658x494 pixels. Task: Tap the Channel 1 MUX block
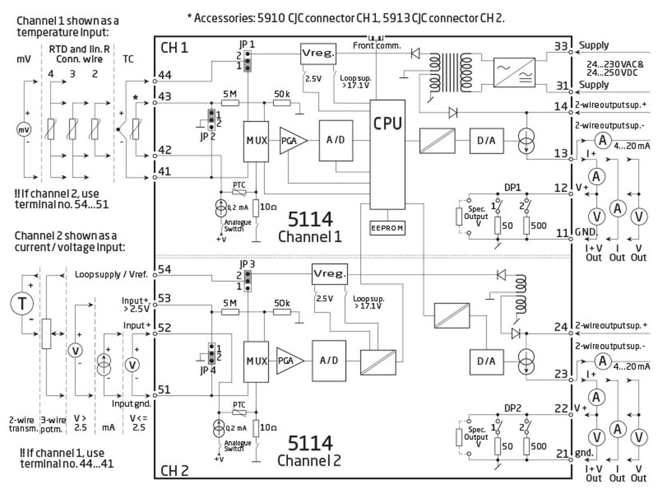pyautogui.click(x=256, y=141)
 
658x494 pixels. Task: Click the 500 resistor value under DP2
pyautogui.click(x=538, y=446)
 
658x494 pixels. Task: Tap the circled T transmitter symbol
pyautogui.click(x=20, y=305)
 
